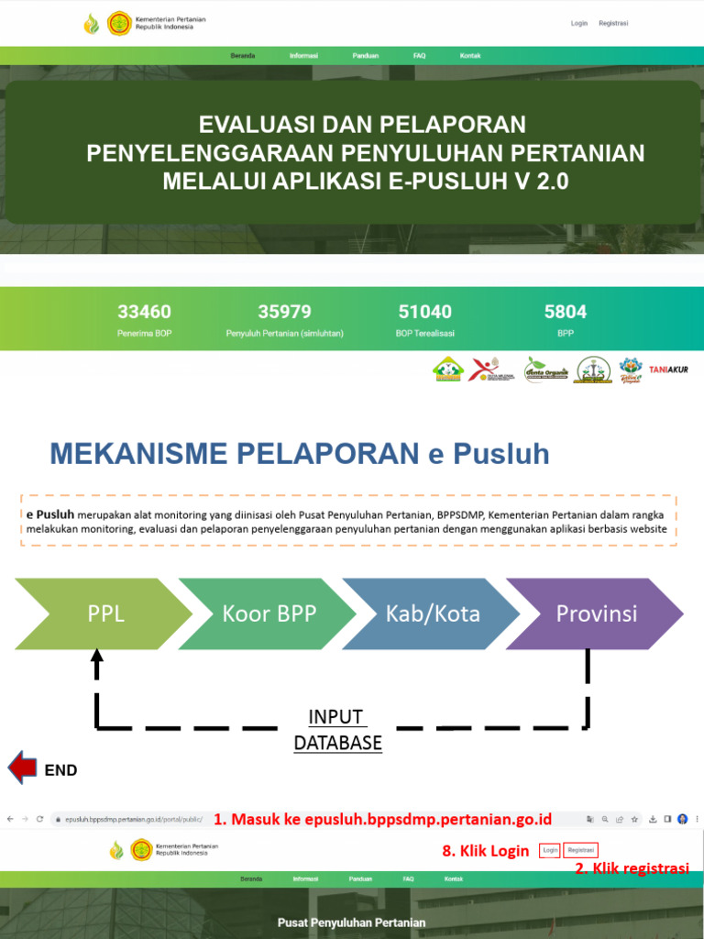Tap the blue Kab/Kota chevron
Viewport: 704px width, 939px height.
(432, 613)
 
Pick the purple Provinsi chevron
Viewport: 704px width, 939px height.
(595, 613)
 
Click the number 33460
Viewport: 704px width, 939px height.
(144, 312)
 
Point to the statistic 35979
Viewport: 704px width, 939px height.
(284, 312)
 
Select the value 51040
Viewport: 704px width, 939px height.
(424, 312)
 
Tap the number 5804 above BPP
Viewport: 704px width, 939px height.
(565, 312)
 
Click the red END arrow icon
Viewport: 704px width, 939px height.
(22, 768)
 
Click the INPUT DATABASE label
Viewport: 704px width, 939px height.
(337, 730)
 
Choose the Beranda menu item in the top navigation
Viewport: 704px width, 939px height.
(243, 56)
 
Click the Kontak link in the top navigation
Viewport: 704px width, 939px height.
(469, 56)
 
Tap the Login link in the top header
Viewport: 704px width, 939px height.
(578, 23)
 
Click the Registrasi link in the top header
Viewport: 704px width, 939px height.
(613, 23)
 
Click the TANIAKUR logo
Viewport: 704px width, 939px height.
(667, 370)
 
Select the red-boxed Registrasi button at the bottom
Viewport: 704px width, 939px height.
(581, 850)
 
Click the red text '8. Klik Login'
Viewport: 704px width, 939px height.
(485, 851)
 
